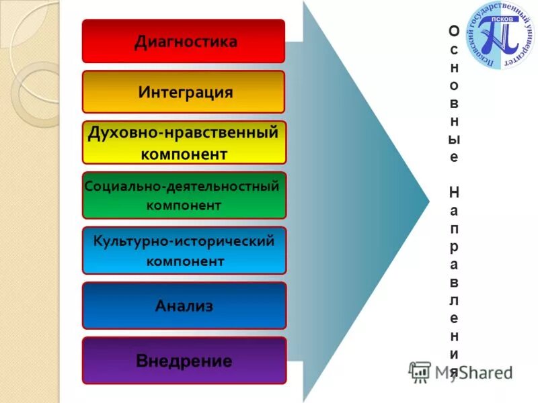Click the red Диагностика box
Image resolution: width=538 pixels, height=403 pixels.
(x=184, y=41)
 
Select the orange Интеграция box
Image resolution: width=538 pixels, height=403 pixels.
(x=184, y=91)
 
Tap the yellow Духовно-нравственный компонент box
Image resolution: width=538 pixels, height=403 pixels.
(x=184, y=142)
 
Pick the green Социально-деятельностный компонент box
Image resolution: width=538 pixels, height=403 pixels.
(x=184, y=195)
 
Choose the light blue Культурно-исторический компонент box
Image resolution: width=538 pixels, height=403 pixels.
(x=184, y=250)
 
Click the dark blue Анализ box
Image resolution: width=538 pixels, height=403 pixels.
(x=184, y=306)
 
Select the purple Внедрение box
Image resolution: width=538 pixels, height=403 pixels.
(x=184, y=361)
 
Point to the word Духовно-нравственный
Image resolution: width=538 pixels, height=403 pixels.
(x=183, y=132)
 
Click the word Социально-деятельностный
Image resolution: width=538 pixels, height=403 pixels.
(x=182, y=186)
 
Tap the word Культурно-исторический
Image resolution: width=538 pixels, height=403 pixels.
(x=184, y=240)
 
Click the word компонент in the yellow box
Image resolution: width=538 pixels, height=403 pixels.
(x=184, y=154)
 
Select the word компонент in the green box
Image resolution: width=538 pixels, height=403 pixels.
(x=184, y=205)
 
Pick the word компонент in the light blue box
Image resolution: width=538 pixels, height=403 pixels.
(x=185, y=261)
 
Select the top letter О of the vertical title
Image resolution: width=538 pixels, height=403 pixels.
(x=455, y=31)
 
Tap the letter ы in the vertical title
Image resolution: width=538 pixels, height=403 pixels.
(x=455, y=140)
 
